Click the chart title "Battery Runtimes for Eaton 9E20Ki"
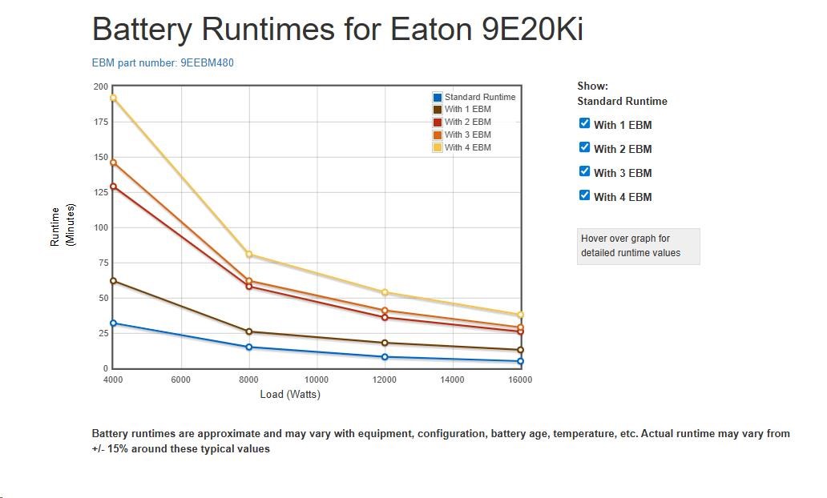(x=337, y=30)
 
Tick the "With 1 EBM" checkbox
(x=584, y=123)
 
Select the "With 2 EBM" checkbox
(x=584, y=147)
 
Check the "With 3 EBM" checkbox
(x=584, y=171)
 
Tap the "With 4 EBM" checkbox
(x=584, y=195)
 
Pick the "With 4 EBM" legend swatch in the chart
(x=438, y=147)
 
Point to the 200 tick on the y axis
(x=101, y=86)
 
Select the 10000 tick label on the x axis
(x=317, y=380)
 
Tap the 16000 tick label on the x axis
(x=520, y=380)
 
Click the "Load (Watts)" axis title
(x=290, y=394)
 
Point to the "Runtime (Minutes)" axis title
(x=62, y=227)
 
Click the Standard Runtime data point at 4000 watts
(x=113, y=323)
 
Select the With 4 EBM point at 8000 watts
(x=249, y=255)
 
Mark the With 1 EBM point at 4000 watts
(x=113, y=281)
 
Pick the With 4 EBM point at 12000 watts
(x=385, y=292)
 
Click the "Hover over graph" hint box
(x=638, y=246)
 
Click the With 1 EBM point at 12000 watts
(x=385, y=343)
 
